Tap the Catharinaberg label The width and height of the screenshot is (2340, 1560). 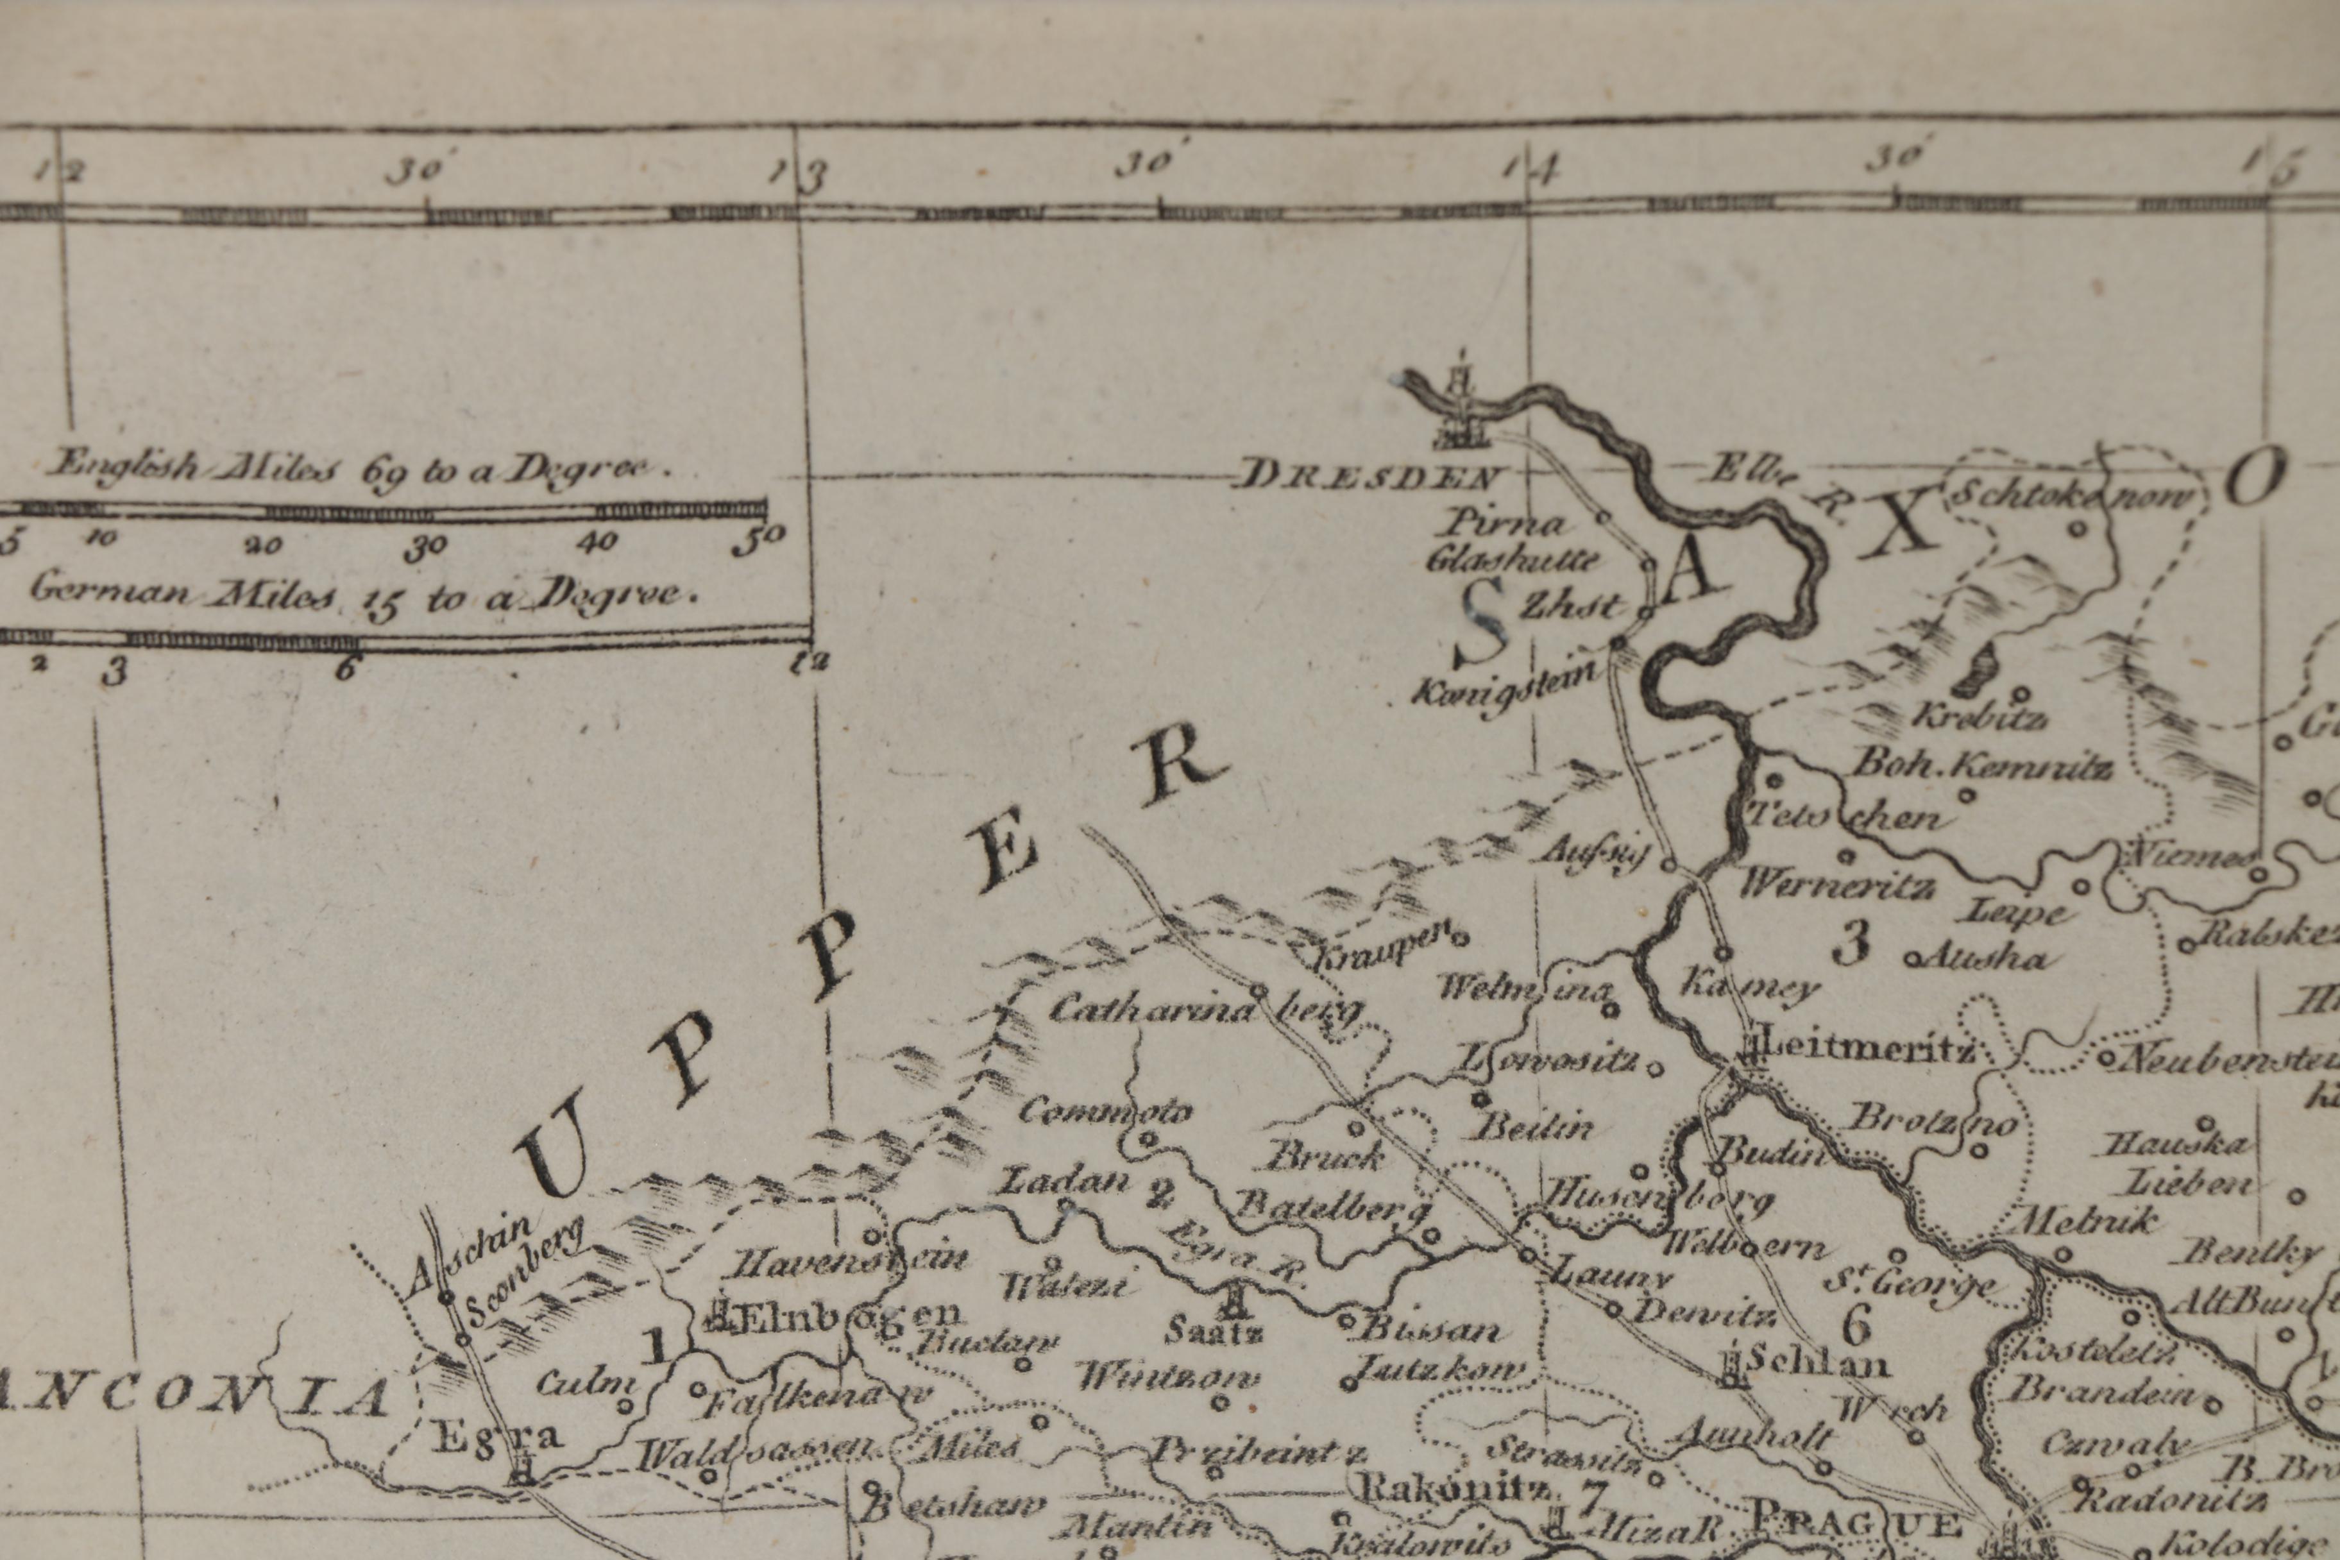1204,1009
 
